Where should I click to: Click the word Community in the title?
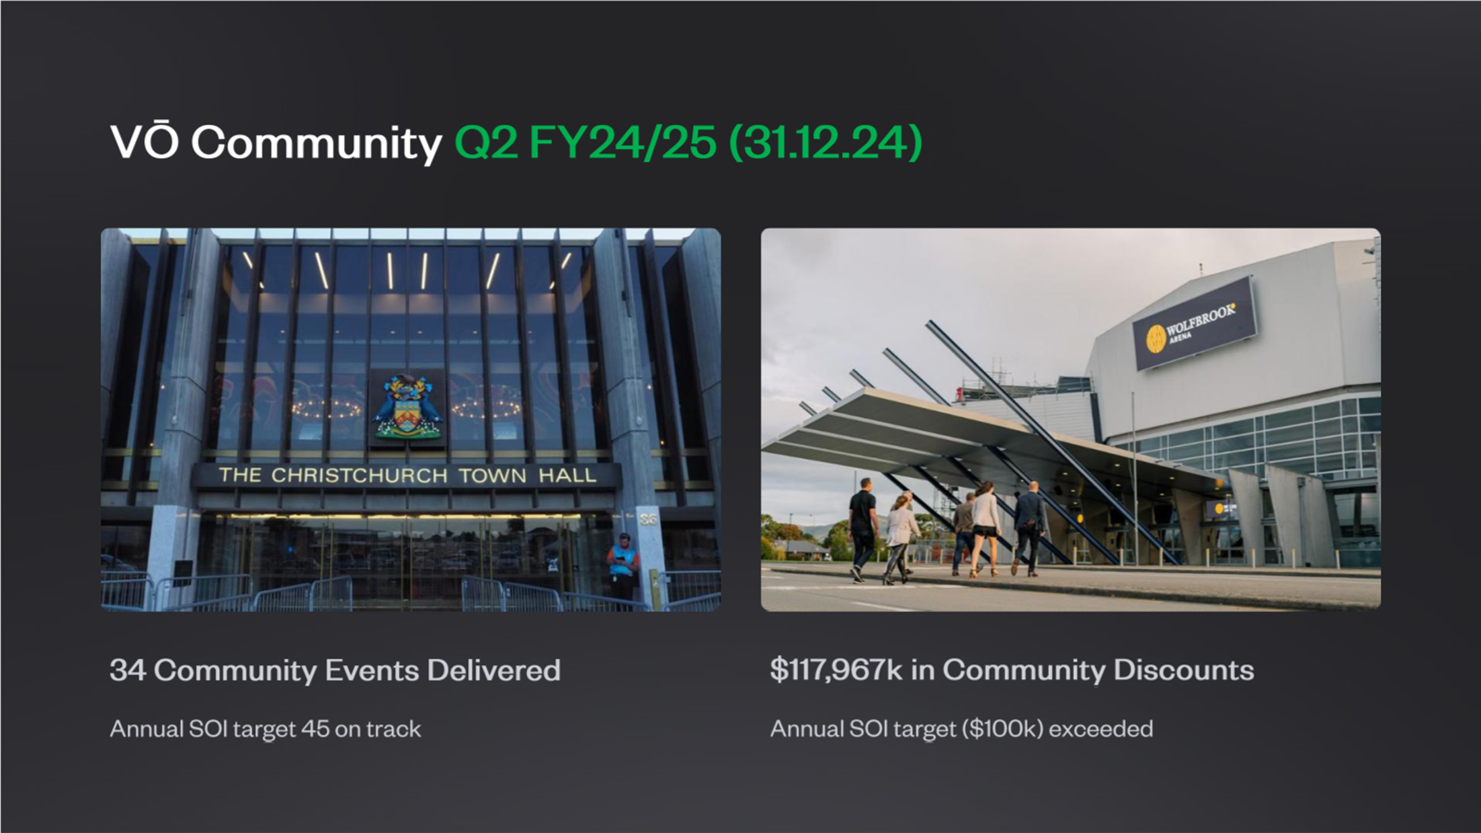pos(317,143)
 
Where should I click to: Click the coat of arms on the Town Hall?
pos(407,407)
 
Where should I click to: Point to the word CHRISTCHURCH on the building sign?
pos(360,475)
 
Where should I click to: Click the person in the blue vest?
pos(623,569)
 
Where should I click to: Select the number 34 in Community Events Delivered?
pos(128,670)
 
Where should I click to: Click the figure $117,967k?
pos(836,670)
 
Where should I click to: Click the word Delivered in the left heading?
pos(493,670)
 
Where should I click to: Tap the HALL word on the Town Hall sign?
pos(567,475)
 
